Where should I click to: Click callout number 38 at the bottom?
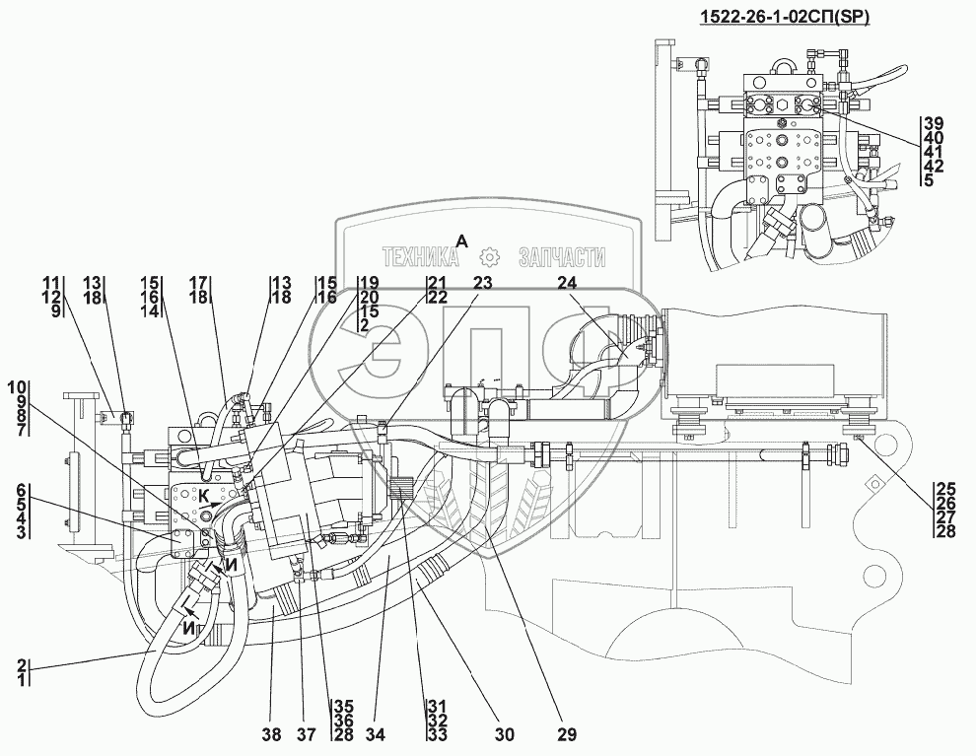point(271,734)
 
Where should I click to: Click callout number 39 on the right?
point(933,123)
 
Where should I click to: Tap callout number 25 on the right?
point(947,489)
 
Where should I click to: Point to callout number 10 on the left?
point(22,384)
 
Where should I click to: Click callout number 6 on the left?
point(22,490)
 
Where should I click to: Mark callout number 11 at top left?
point(49,282)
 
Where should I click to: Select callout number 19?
point(370,282)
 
